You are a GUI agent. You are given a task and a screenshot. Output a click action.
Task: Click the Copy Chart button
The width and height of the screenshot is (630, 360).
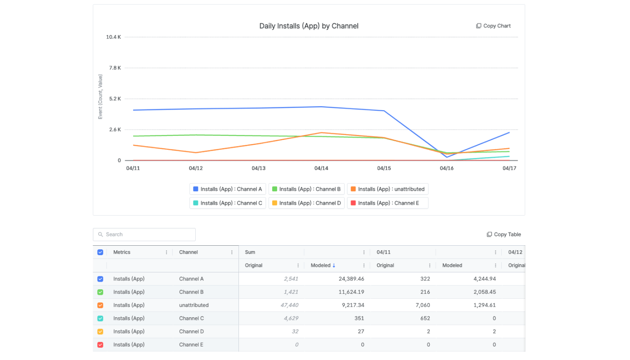493,26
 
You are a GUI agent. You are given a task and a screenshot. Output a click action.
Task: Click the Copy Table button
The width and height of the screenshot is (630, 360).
504,234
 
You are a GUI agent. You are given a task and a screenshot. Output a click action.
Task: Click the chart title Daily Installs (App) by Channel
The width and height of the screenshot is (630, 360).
309,26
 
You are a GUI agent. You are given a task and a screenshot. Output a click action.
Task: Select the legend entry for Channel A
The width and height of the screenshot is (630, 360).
228,189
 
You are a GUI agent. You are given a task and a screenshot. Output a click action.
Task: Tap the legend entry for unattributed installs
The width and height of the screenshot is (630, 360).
387,189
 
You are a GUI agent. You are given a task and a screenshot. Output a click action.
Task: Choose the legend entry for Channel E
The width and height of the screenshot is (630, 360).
387,203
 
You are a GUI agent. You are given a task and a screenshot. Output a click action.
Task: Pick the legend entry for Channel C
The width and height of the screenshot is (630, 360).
228,203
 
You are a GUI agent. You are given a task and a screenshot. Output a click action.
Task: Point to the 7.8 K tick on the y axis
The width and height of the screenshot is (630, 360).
115,68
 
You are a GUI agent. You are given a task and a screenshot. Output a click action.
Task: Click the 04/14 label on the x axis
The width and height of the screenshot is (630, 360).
321,168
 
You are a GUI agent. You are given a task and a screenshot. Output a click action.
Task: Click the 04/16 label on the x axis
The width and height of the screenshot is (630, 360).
446,168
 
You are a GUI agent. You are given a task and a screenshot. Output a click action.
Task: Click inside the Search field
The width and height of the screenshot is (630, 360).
144,234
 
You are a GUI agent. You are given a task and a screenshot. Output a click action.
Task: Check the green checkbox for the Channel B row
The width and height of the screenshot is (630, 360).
100,292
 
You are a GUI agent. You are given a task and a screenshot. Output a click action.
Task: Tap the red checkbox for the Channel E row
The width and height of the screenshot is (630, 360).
100,345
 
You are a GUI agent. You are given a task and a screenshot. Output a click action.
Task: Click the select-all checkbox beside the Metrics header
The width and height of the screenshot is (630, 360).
100,252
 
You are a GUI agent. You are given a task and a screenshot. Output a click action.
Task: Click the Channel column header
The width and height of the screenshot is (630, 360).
189,252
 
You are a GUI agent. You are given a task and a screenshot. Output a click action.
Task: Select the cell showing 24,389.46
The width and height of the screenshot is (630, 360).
351,279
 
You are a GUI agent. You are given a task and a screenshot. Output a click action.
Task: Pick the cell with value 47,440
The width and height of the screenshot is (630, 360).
289,305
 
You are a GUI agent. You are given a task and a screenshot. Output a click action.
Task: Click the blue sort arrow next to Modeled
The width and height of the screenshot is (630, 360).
334,265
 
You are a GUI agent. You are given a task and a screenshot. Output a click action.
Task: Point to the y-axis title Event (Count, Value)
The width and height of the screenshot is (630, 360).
100,97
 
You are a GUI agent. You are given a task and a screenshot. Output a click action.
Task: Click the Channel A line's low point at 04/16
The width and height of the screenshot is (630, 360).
447,157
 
